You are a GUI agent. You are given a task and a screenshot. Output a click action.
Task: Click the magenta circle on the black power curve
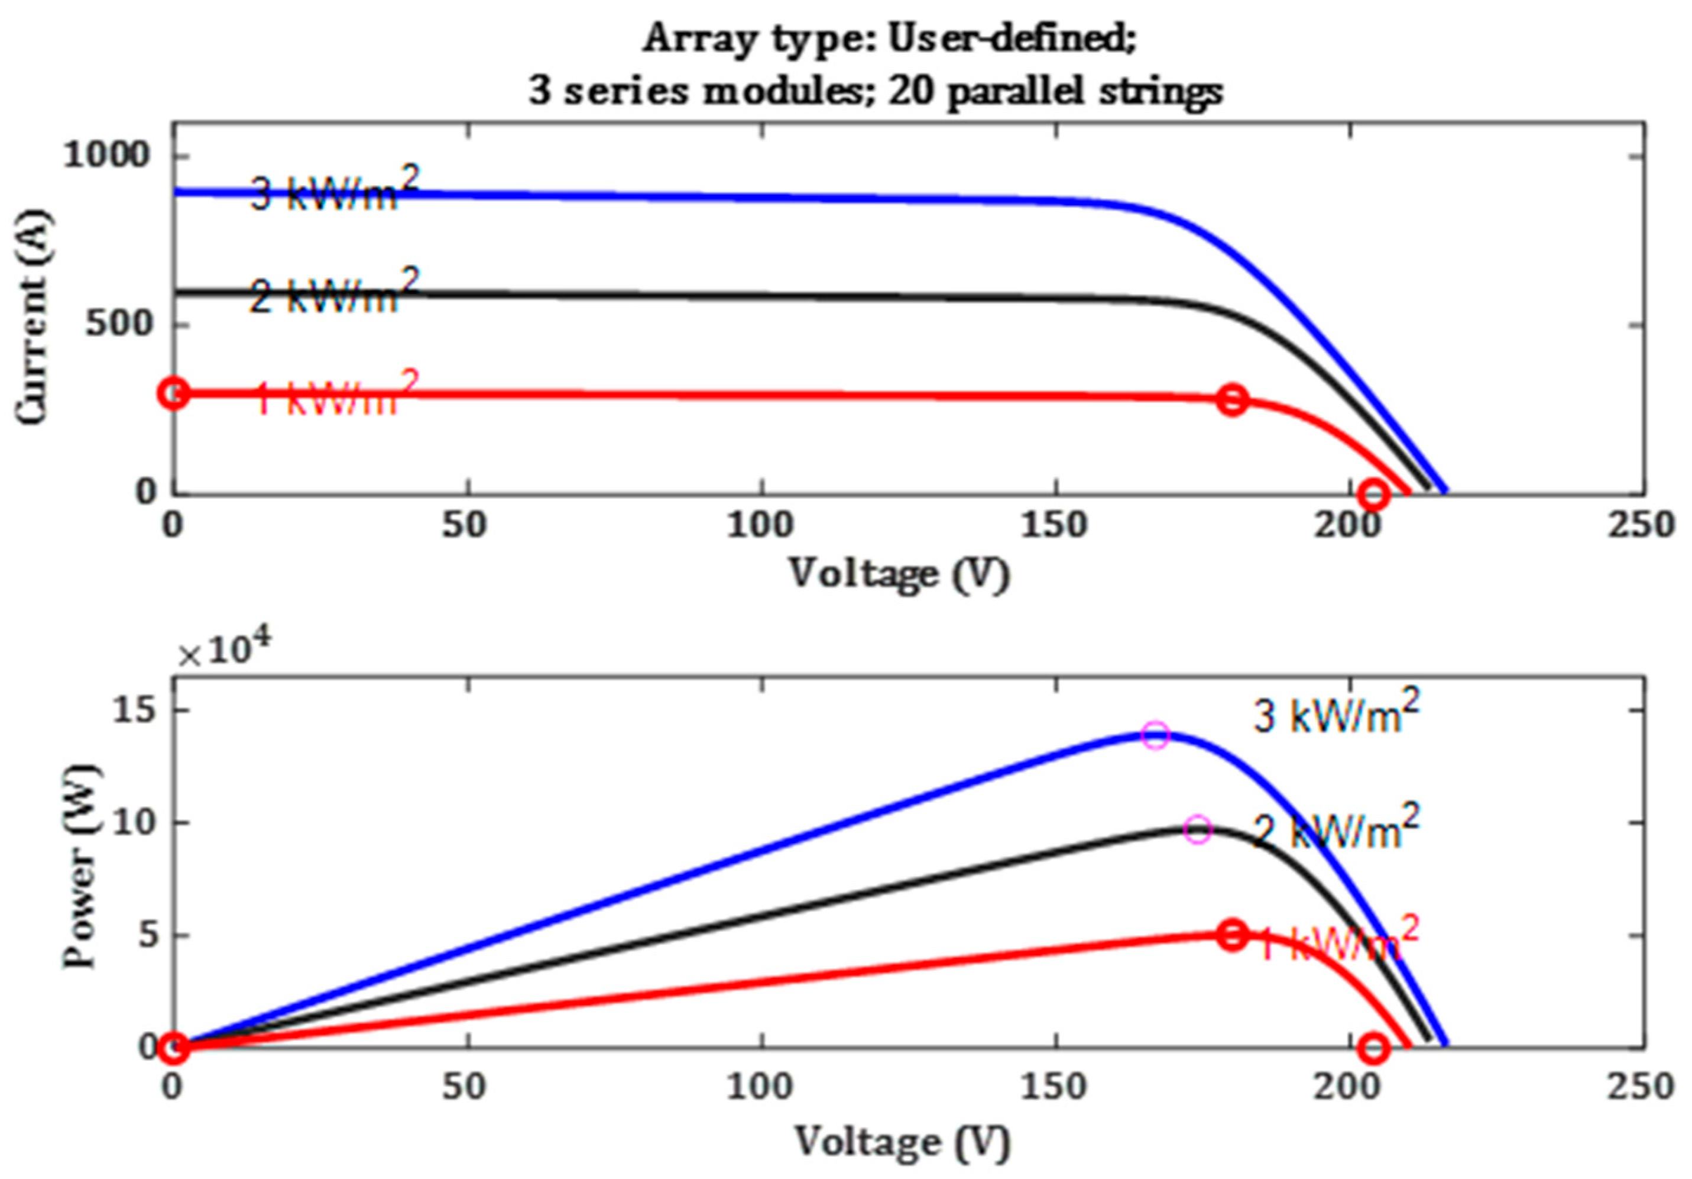[x=1198, y=829]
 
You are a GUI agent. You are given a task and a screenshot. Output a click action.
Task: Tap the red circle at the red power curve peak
[x=1233, y=935]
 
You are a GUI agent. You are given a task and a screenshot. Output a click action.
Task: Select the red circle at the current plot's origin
[x=173, y=393]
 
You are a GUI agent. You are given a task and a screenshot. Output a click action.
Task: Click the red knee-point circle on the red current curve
[x=1232, y=400]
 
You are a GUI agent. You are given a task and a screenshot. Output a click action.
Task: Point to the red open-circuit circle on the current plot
[x=1374, y=493]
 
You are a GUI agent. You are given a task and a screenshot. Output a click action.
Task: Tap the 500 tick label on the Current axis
[x=118, y=324]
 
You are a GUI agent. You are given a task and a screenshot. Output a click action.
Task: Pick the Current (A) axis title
[x=33, y=317]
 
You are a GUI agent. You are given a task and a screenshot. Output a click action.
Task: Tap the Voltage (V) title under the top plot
[x=899, y=573]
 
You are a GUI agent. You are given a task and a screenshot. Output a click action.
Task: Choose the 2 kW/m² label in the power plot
[x=1336, y=829]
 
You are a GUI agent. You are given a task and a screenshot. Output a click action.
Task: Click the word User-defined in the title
[x=1011, y=38]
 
